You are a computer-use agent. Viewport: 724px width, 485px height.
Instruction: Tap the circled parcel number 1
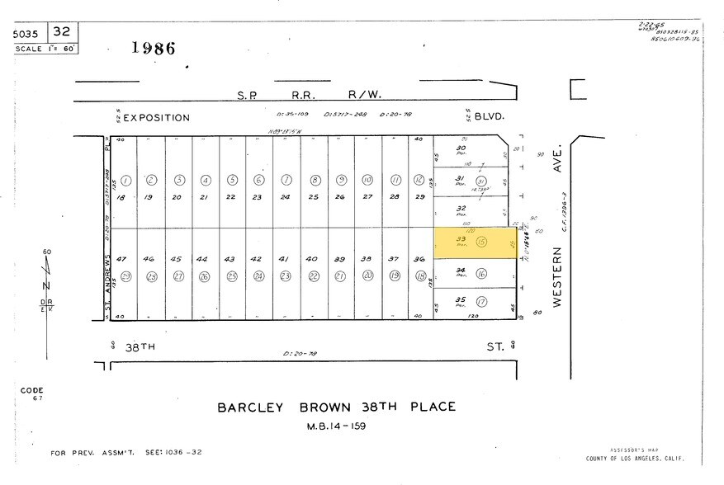(x=126, y=180)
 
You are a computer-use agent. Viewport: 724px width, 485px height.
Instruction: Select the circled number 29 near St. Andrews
(x=126, y=276)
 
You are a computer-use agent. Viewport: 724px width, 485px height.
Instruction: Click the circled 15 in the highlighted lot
(x=481, y=242)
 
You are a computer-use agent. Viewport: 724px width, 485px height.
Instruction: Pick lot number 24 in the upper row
(x=286, y=197)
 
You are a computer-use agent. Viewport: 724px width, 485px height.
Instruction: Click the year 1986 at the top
(x=154, y=48)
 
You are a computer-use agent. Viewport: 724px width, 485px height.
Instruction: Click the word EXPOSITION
(x=157, y=118)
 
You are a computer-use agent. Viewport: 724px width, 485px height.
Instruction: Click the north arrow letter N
(x=46, y=285)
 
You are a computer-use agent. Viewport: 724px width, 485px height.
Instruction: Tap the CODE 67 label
(x=33, y=394)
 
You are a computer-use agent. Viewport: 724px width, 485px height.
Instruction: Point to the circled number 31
(x=481, y=181)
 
